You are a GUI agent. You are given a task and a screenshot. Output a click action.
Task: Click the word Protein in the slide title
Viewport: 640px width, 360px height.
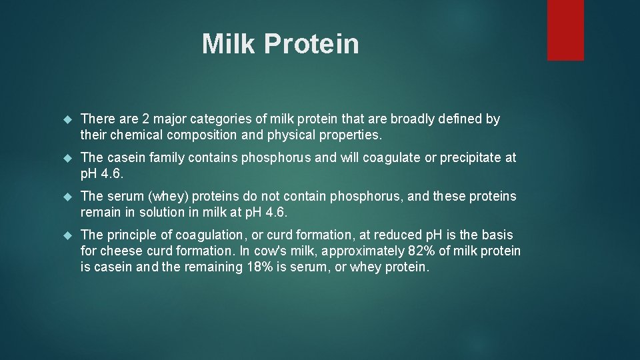pyautogui.click(x=311, y=44)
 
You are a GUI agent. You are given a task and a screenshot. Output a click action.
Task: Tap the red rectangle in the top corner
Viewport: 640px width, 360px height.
pyautogui.click(x=565, y=30)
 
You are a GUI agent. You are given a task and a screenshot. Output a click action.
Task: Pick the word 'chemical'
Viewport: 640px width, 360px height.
pyautogui.click(x=131, y=135)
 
